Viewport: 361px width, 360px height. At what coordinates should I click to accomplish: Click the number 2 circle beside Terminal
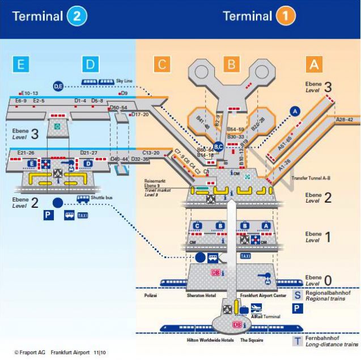pyautogui.click(x=77, y=16)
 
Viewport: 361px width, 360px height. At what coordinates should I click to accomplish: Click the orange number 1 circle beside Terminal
pyautogui.click(x=285, y=16)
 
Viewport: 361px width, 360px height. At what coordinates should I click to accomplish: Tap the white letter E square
pyautogui.click(x=21, y=64)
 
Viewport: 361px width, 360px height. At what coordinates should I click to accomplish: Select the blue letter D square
pyautogui.click(x=90, y=64)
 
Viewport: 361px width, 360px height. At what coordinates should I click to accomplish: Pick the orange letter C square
pyautogui.click(x=162, y=64)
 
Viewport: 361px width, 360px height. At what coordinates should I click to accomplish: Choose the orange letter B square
pyautogui.click(x=230, y=64)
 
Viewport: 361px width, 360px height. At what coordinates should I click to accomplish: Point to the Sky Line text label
pyautogui.click(x=125, y=81)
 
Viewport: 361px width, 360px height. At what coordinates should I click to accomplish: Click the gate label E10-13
pyautogui.click(x=28, y=92)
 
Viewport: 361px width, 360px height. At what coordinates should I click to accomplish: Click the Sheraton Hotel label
pyautogui.click(x=203, y=295)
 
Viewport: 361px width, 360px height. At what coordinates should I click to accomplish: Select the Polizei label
pyautogui.click(x=151, y=295)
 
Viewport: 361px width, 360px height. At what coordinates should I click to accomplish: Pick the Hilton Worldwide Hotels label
pyautogui.click(x=210, y=341)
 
